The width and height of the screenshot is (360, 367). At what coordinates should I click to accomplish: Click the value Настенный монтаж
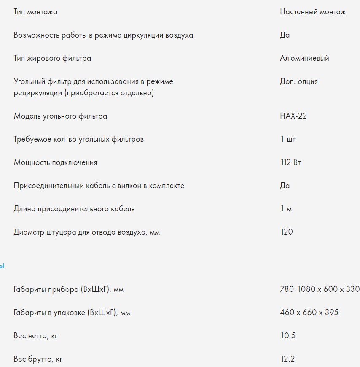pos(313,12)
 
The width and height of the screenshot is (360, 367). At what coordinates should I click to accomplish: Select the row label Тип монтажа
pos(35,12)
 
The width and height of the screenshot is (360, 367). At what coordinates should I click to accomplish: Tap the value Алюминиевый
pos(304,58)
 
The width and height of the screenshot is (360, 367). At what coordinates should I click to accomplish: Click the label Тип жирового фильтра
pos(52,58)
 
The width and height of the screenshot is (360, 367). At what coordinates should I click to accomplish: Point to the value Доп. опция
pos(299,81)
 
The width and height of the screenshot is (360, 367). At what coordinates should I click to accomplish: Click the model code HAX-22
pos(293,116)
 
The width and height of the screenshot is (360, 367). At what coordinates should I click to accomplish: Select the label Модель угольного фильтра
pos(60,116)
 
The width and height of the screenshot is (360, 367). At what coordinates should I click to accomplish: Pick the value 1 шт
pos(288,139)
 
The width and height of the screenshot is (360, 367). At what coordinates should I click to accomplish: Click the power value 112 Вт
pos(290,162)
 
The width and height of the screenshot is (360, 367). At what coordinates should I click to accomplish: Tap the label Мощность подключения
pos(55,162)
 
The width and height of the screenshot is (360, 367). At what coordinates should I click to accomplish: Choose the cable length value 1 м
pos(286,209)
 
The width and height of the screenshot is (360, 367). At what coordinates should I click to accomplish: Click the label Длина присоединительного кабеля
pos(74,209)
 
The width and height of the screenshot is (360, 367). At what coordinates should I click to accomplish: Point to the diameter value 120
pos(286,232)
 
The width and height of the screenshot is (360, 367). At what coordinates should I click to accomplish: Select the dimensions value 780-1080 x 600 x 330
pos(320,289)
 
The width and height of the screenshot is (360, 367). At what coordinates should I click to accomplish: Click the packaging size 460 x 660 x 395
pos(309,313)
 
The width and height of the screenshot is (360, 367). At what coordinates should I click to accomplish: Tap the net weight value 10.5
pos(287,336)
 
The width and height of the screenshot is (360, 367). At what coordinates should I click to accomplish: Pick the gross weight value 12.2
pos(287,359)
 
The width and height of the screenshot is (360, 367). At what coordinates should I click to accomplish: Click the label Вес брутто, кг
pos(38,359)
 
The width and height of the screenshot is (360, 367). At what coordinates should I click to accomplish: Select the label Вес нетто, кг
pos(36,336)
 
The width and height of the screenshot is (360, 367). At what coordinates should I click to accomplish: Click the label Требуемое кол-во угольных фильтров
pos(78,139)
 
